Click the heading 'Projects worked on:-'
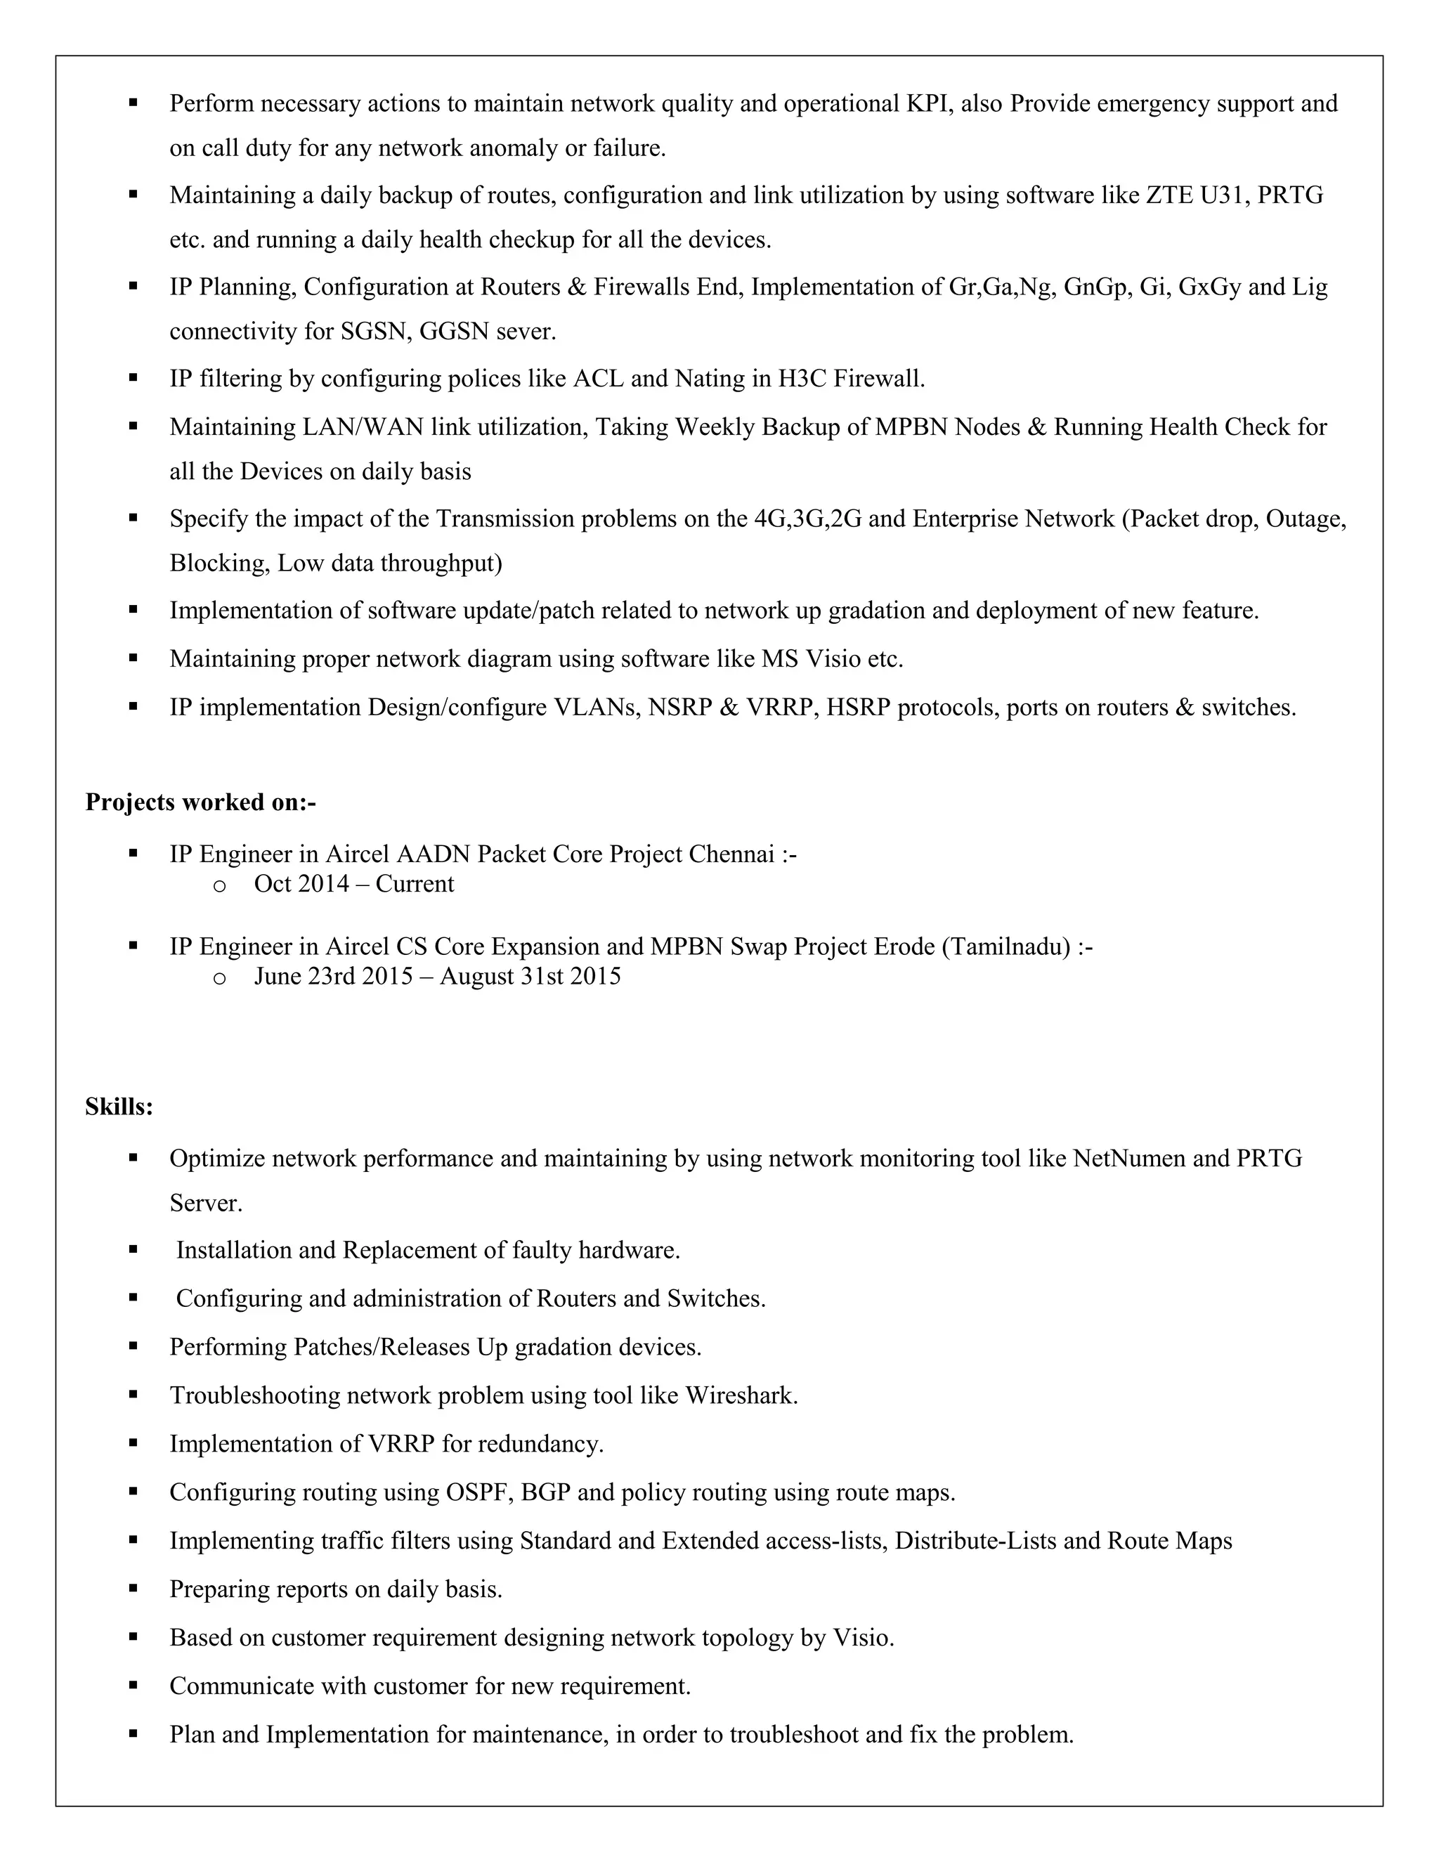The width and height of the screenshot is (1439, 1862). click(x=200, y=802)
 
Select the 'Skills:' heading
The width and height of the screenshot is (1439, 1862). click(x=119, y=1107)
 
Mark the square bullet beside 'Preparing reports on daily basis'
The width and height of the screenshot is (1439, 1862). click(x=133, y=1589)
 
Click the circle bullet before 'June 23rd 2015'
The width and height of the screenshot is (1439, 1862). click(x=219, y=978)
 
